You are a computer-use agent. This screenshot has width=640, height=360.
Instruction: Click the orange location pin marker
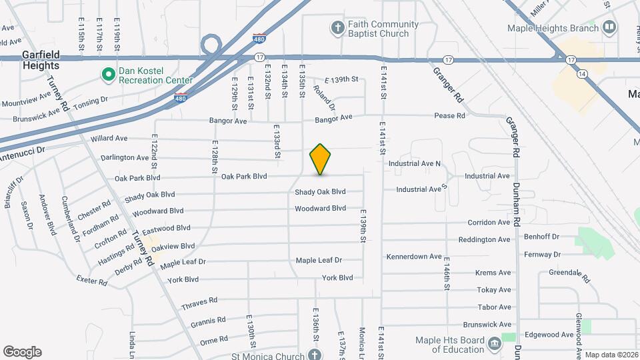pos(320,159)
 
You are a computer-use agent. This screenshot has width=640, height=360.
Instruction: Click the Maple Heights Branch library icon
pos(609,28)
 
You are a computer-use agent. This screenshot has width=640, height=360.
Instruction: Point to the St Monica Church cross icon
pos(315,354)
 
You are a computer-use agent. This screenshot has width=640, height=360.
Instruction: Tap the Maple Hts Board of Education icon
pos(494,344)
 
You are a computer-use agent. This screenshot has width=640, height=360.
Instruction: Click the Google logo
pos(22,351)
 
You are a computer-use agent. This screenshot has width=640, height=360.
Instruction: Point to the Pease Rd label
pos(449,116)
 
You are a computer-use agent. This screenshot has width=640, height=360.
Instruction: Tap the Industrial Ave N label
pos(415,163)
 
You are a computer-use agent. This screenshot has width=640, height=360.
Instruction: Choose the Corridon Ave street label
pos(489,223)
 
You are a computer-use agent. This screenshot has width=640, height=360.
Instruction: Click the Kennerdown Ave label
pos(414,256)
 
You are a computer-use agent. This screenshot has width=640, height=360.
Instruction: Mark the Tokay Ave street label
pos(493,290)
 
